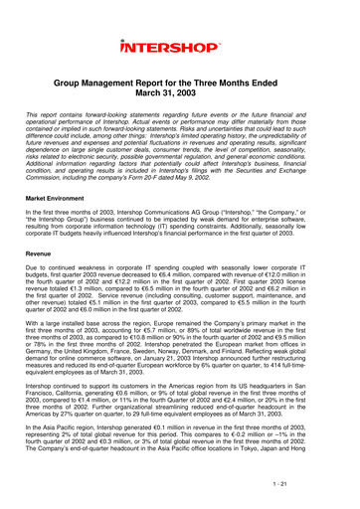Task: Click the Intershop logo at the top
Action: tap(179, 46)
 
